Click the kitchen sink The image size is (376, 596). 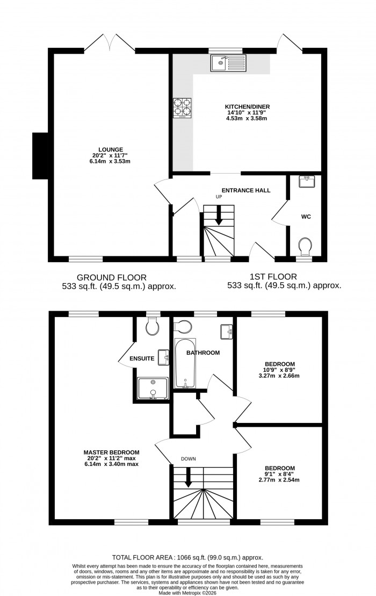coord(228,63)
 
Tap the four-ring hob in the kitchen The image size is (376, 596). coord(182,107)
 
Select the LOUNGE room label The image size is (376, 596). coord(111,149)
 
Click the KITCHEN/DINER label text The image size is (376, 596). coord(247,107)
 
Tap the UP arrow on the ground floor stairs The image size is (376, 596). coord(219,216)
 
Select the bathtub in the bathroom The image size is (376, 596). coord(185,363)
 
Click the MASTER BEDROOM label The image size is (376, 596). coord(111,452)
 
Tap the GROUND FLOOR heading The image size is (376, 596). coord(111,277)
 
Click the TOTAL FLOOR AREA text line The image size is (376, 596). coord(187,558)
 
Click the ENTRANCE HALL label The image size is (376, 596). coord(246,190)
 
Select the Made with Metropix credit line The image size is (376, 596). coord(187,591)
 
